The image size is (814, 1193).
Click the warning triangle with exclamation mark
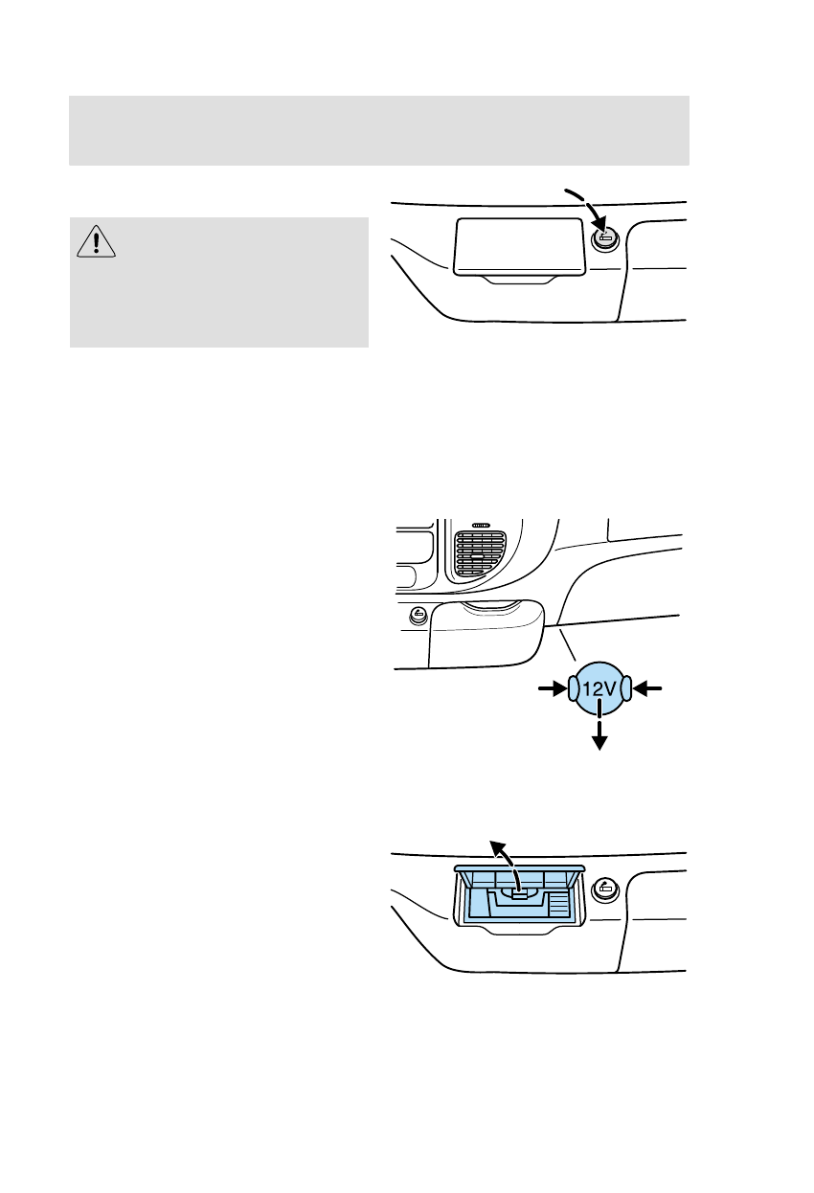[95, 243]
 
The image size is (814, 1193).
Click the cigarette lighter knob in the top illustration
[605, 239]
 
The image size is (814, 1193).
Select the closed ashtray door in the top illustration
[520, 245]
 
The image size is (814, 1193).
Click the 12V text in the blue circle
[599, 687]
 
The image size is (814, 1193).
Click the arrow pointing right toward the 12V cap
[551, 687]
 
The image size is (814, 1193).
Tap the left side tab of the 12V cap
[573, 687]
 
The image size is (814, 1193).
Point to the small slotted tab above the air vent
[480, 526]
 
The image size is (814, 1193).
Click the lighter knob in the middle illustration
[418, 615]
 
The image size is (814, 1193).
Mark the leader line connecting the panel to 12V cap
[567, 643]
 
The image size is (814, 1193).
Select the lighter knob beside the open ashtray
[605, 889]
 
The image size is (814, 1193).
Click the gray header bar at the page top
[379, 130]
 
